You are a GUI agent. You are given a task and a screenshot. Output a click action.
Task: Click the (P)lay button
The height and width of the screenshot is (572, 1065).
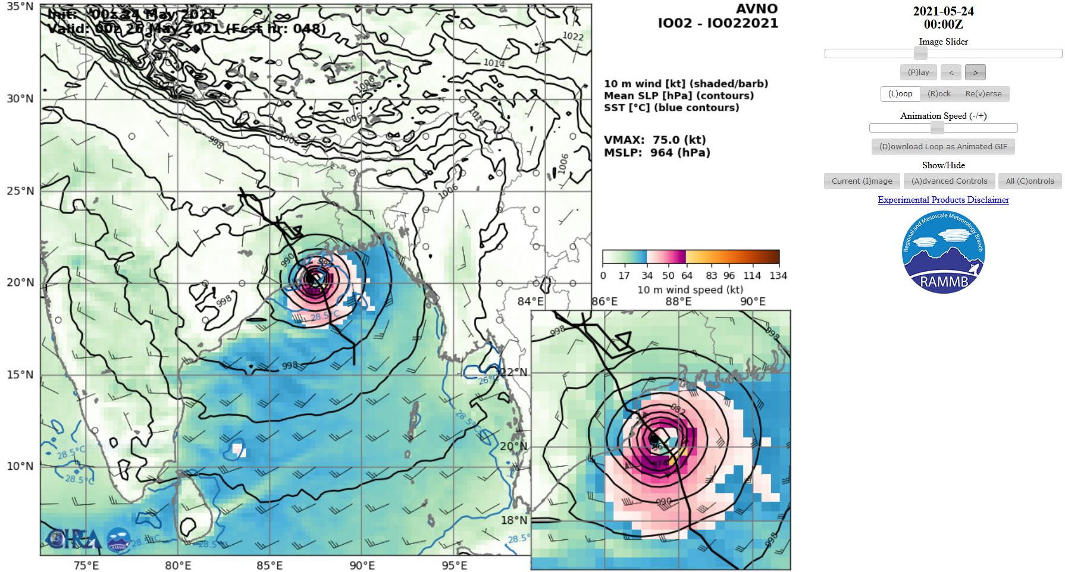[918, 73]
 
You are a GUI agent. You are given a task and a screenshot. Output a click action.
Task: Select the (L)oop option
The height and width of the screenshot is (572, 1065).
[900, 94]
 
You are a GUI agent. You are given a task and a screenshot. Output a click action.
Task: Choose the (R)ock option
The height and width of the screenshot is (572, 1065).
[939, 94]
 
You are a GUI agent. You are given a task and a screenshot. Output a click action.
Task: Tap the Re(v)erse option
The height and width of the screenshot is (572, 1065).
[983, 94]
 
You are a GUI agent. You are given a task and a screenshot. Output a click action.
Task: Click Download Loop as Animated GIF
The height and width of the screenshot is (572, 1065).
[943, 147]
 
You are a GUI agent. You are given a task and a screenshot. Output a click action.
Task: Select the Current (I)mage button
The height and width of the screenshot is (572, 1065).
[862, 181]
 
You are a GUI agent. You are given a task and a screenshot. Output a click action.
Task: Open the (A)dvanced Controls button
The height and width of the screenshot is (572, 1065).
[949, 181]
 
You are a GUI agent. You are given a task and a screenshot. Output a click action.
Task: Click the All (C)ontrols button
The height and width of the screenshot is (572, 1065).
[1029, 181]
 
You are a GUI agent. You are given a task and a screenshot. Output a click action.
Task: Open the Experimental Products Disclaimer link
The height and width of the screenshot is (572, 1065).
[943, 200]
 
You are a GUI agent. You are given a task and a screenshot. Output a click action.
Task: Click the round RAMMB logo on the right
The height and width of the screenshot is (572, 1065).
[944, 252]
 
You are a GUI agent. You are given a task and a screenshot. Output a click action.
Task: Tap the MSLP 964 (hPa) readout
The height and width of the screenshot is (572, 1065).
[657, 153]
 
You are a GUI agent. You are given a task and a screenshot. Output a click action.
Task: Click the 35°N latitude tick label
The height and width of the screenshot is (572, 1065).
[20, 7]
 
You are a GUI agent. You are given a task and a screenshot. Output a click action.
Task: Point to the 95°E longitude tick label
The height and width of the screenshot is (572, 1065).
[454, 565]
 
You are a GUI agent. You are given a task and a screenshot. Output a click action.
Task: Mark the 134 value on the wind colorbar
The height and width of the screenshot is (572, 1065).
[778, 276]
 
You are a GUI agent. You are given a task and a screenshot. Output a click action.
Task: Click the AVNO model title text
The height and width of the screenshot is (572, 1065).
[756, 9]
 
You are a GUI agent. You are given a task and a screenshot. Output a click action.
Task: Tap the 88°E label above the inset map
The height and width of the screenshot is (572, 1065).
[678, 301]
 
